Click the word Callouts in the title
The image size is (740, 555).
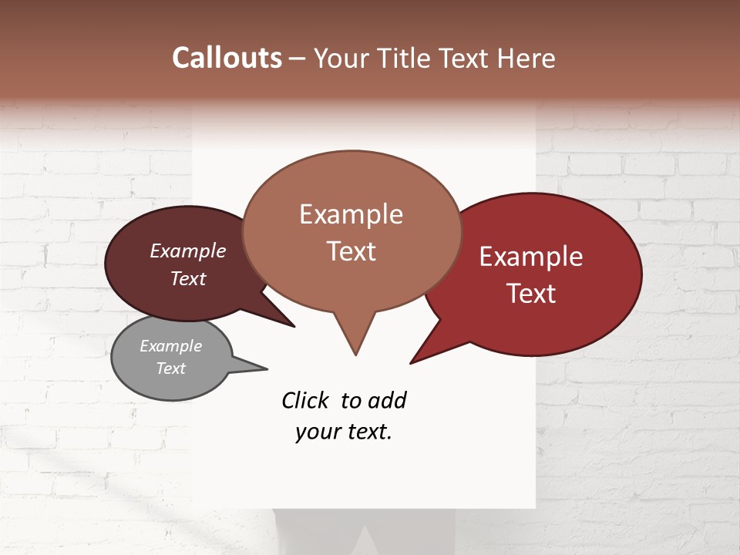(227, 58)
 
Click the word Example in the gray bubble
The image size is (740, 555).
(170, 346)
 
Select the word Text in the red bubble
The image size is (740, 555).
(531, 294)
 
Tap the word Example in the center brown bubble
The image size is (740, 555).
(351, 214)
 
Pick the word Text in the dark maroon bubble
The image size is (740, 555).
(187, 279)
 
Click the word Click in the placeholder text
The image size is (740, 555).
(305, 401)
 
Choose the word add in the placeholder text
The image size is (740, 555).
(387, 401)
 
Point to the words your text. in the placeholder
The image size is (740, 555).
(344, 432)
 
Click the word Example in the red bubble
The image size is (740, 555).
(531, 257)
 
